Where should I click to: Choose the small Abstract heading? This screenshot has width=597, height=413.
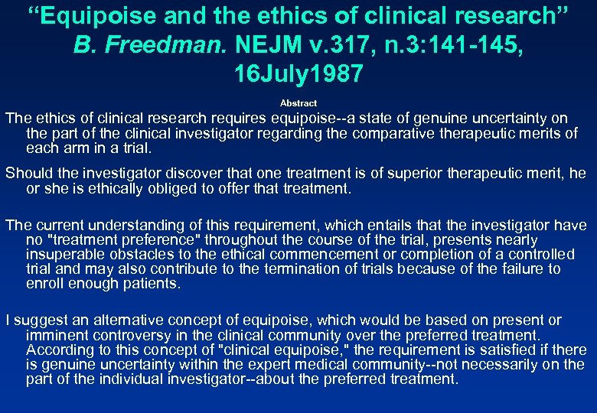(x=298, y=102)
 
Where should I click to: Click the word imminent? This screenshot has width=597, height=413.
(x=54, y=335)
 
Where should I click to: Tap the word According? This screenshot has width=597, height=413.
(x=56, y=350)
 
